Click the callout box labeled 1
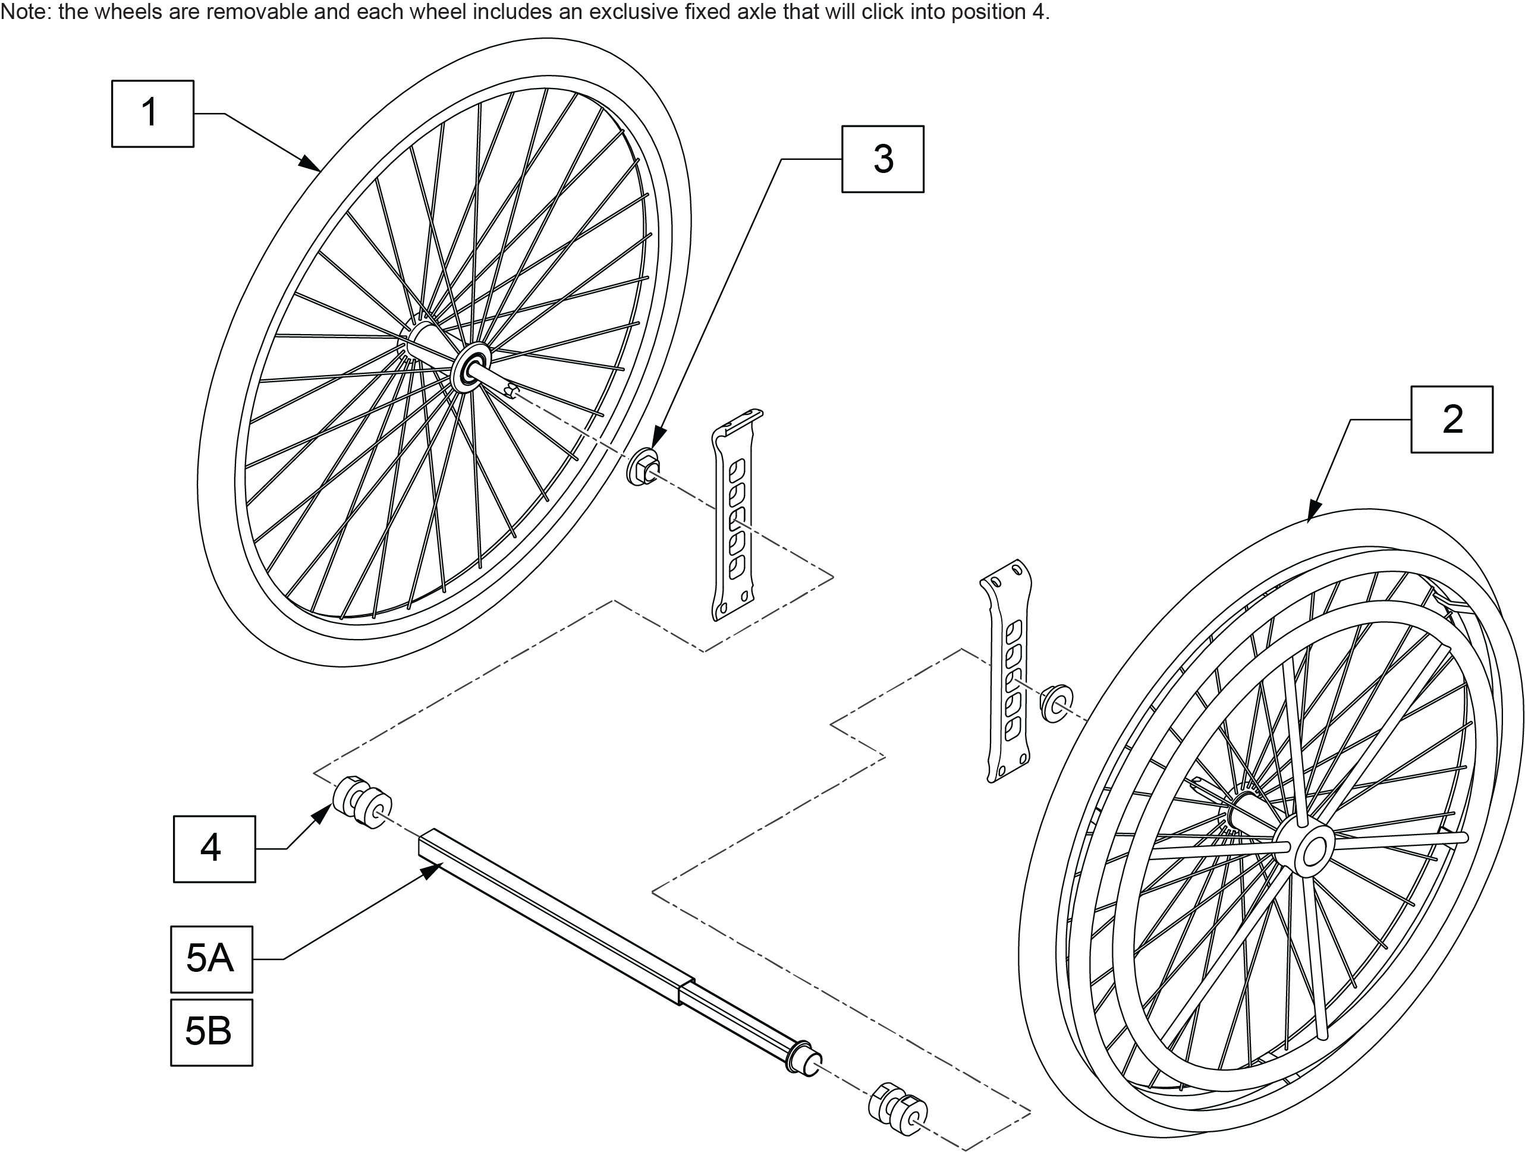(x=152, y=114)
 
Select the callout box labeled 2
(x=1451, y=419)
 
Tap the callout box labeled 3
(x=882, y=159)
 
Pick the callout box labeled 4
(x=213, y=849)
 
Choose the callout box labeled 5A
(x=212, y=959)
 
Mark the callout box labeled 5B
(x=212, y=1032)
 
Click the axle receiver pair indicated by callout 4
(x=362, y=802)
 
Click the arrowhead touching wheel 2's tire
(x=1313, y=509)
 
